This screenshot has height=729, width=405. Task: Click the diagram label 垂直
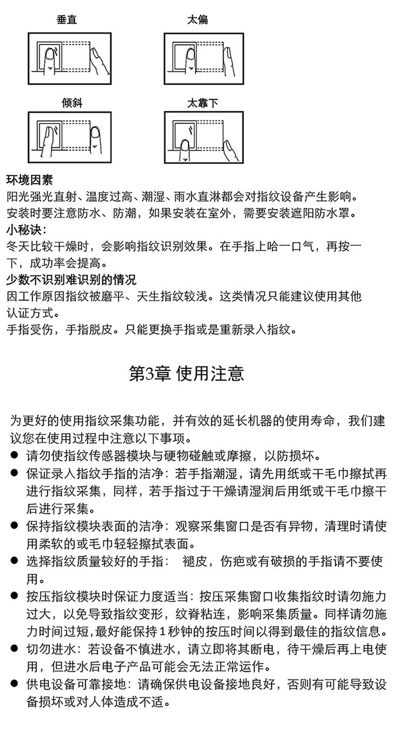pos(67,20)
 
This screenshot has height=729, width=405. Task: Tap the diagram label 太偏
pos(197,20)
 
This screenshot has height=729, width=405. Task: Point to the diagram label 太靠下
pos(202,103)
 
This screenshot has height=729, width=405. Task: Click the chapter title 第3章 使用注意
pos(186,373)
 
